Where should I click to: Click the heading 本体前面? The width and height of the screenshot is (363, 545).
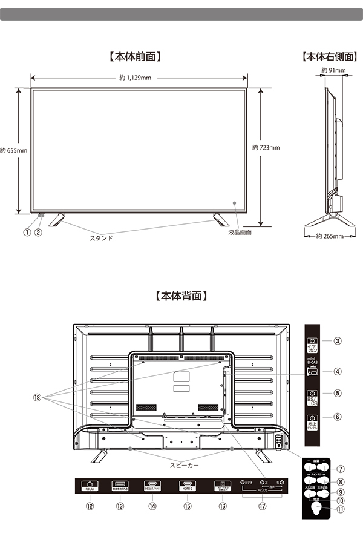pyautogui.click(x=135, y=58)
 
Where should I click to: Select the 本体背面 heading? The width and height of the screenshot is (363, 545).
pyautogui.click(x=181, y=296)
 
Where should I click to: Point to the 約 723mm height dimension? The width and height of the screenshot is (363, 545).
pyautogui.click(x=266, y=147)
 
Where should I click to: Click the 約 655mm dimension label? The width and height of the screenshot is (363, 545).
pyautogui.click(x=13, y=150)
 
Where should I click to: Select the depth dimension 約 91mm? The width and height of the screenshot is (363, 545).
pyautogui.click(x=333, y=71)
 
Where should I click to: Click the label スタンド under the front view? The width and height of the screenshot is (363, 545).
pyautogui.click(x=101, y=238)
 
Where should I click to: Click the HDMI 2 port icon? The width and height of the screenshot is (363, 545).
pyautogui.click(x=186, y=486)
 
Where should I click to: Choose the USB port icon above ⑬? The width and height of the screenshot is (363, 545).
pyautogui.click(x=120, y=486)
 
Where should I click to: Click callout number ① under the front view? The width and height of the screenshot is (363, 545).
pyautogui.click(x=27, y=232)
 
